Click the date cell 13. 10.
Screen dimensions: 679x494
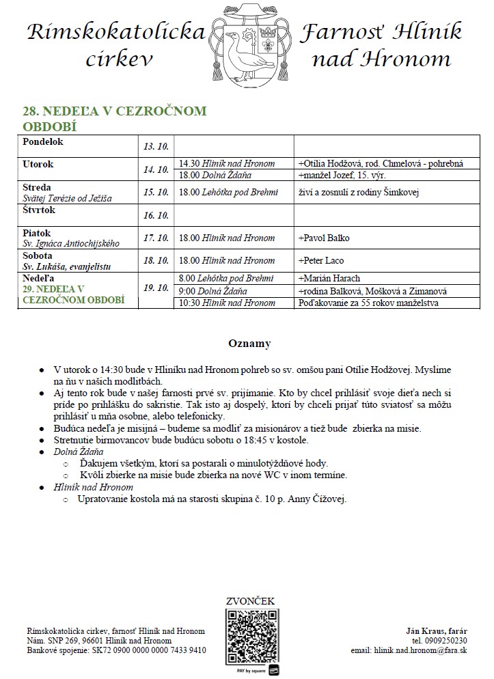point(156,146)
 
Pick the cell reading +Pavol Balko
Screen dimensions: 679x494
point(324,238)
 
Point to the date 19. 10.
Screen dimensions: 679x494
point(156,288)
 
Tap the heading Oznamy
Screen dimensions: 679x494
point(249,344)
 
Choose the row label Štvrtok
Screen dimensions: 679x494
point(39,210)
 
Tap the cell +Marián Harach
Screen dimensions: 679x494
point(329,278)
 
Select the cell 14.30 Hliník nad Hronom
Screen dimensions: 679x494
point(227,163)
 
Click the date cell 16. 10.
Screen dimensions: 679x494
point(156,215)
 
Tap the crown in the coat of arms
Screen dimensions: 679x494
point(267,31)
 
